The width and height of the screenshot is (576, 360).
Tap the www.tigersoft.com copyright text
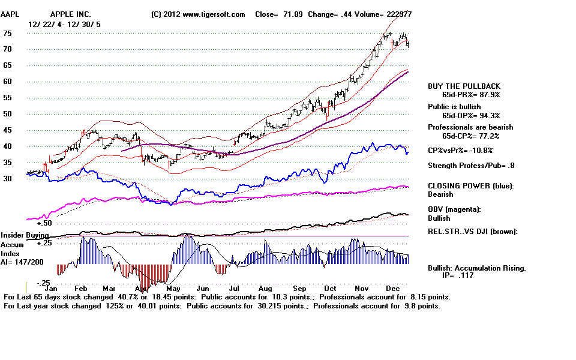[x=199, y=14]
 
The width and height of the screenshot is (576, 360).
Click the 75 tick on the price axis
[x=8, y=34]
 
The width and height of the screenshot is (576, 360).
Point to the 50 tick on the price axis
[x=8, y=114]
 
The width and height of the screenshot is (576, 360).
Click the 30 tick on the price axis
[x=8, y=179]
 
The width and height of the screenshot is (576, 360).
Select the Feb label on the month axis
[x=85, y=288]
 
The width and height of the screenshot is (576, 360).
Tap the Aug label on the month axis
[x=266, y=288]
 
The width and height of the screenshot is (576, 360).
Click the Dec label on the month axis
[x=394, y=288]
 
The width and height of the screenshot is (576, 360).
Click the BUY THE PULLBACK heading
[x=464, y=86]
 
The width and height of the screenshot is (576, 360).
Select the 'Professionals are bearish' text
[x=470, y=127]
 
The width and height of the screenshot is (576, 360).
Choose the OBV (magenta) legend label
[x=454, y=209]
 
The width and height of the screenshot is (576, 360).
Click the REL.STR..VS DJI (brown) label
[x=472, y=232]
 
